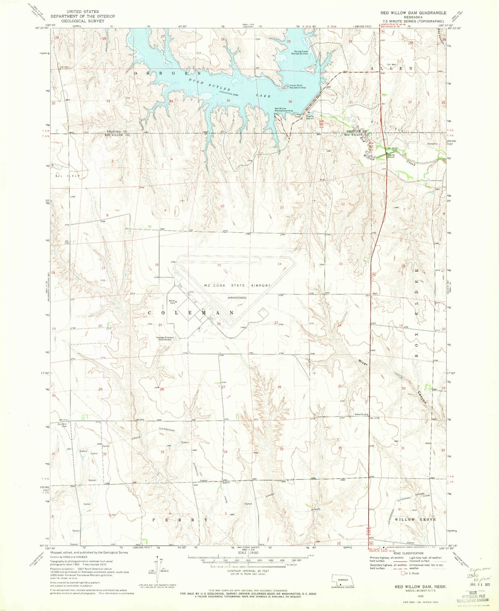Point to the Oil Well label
tap(392, 65)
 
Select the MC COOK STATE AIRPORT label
tap(237, 285)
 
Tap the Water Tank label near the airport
tap(172, 302)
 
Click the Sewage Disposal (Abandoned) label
tap(164, 338)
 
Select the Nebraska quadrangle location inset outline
tap(340, 580)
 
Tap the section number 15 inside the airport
tap(219, 265)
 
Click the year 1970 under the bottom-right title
tap(411, 596)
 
